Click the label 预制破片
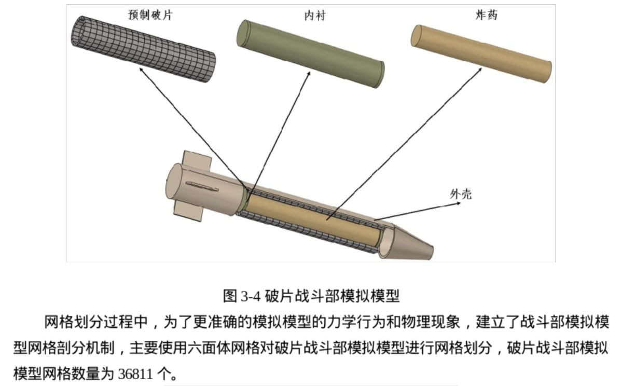coord(150,15)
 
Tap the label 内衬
coord(315,15)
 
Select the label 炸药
coord(487,15)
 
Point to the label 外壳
coord(461,194)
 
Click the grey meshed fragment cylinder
coord(143,49)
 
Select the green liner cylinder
coord(311,53)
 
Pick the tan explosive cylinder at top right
coord(481,53)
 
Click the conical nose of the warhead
coord(408,243)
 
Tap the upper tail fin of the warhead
coord(198,161)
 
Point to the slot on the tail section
coord(202,186)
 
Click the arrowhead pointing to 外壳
coord(458,203)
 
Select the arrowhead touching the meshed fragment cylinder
coord(141,70)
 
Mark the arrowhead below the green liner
coord(309,73)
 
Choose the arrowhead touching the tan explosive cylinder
coord(480,70)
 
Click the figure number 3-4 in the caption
coord(251,296)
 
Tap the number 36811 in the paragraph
coord(135,374)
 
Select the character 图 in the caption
coord(230,296)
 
